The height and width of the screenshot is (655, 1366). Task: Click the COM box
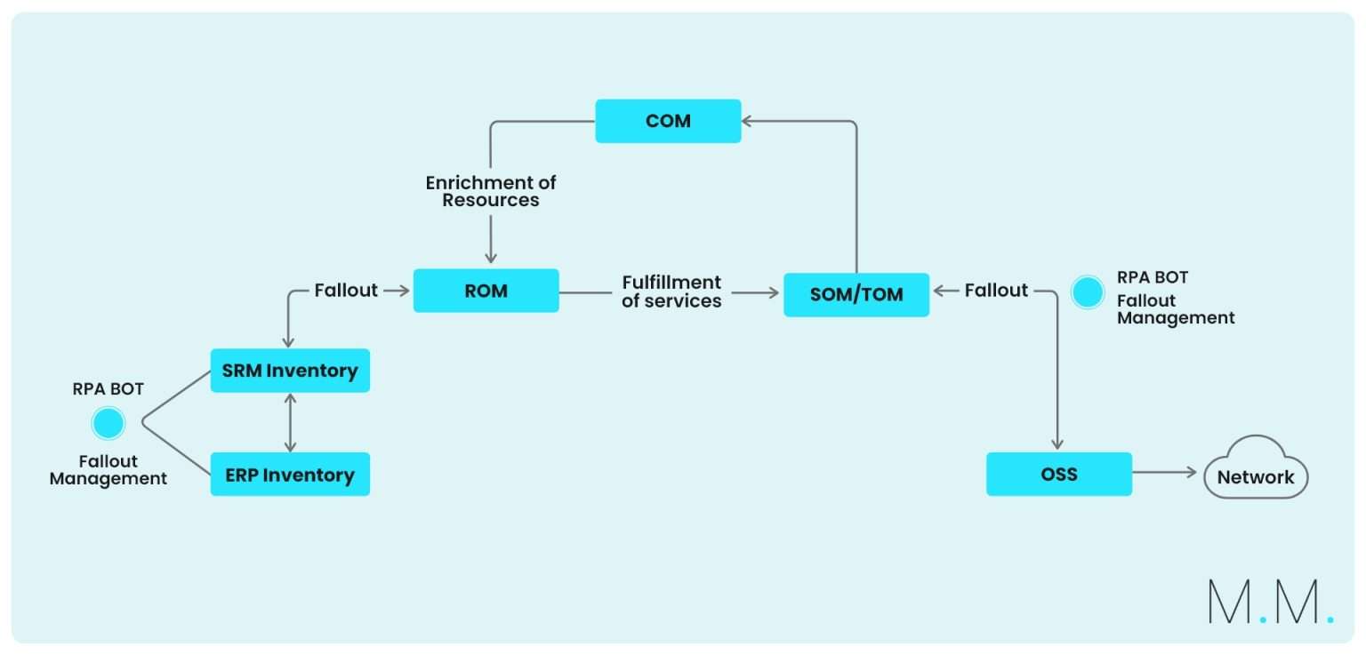(668, 121)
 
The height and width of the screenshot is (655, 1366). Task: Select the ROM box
(486, 291)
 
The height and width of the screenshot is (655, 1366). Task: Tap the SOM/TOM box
(856, 295)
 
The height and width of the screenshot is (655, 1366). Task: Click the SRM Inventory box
(290, 371)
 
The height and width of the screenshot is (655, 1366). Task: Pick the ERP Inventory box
(290, 475)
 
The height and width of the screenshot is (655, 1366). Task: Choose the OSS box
(1058, 474)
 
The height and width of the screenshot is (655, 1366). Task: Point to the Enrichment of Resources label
(491, 191)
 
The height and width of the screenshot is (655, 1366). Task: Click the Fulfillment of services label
(671, 292)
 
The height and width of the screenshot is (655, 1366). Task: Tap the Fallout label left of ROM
(346, 291)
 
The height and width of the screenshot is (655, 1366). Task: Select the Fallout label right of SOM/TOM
(996, 291)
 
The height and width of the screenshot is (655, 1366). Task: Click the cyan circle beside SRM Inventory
(108, 424)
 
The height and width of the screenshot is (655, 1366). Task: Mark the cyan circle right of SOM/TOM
(1087, 292)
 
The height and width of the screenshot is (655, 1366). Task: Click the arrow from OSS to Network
(1165, 474)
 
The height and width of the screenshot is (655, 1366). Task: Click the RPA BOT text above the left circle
(108, 389)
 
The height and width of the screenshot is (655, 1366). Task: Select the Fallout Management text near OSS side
(1176, 309)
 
